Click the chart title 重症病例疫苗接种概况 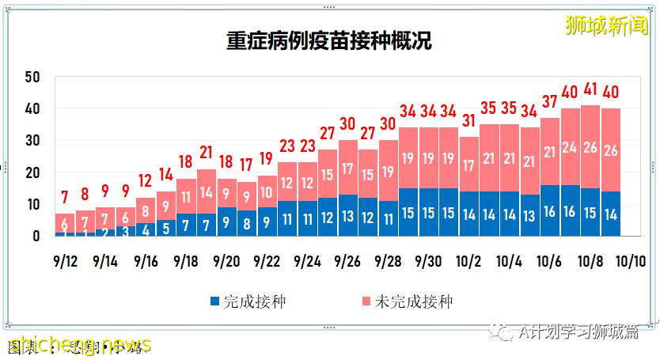click(329, 41)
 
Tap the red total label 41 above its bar click(590, 89)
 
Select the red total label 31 click(468, 121)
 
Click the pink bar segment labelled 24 click(570, 147)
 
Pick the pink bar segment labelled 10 click(267, 191)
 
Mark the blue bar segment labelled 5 click(165, 228)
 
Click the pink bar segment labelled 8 click(145, 212)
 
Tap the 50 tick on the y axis click(32, 77)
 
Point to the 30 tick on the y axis click(32, 141)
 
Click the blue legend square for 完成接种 click(214, 301)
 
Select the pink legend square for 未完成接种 click(365, 301)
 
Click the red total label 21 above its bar click(206, 153)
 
